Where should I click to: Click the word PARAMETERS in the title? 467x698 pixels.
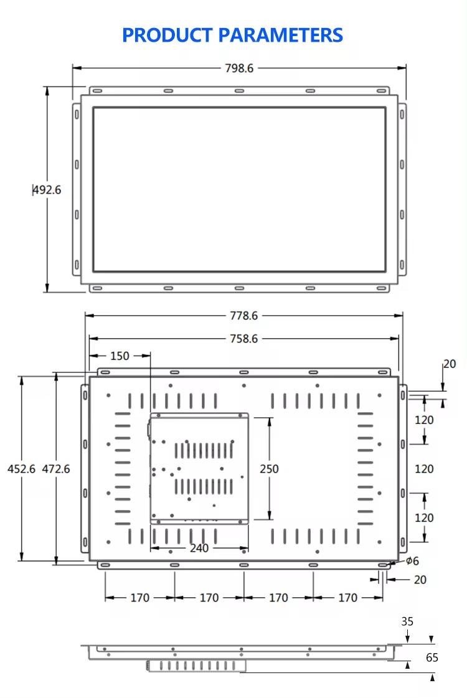tap(279, 35)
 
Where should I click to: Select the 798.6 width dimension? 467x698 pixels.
tap(239, 68)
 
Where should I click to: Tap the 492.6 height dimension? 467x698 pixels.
tap(47, 190)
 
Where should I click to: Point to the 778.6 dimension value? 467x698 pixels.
tap(243, 316)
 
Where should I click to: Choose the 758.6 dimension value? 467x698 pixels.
tap(243, 339)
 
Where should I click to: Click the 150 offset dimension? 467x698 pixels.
tap(120, 356)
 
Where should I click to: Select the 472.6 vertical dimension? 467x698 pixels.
tap(56, 469)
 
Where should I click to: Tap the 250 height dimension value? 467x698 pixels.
tap(269, 469)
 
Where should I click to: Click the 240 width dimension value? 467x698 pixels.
tap(199, 549)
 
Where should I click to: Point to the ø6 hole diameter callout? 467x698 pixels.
tap(412, 562)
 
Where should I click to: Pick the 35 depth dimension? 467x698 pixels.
tap(407, 621)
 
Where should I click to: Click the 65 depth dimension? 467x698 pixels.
tap(432, 658)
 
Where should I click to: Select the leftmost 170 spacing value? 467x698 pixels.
tap(139, 598)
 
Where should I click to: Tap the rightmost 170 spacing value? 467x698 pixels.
tap(347, 598)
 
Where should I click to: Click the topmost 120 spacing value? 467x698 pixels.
tap(424, 420)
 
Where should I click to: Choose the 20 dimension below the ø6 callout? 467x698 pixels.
tap(420, 580)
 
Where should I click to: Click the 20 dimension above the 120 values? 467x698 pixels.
tap(450, 364)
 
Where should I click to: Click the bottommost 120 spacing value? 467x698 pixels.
tap(424, 518)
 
